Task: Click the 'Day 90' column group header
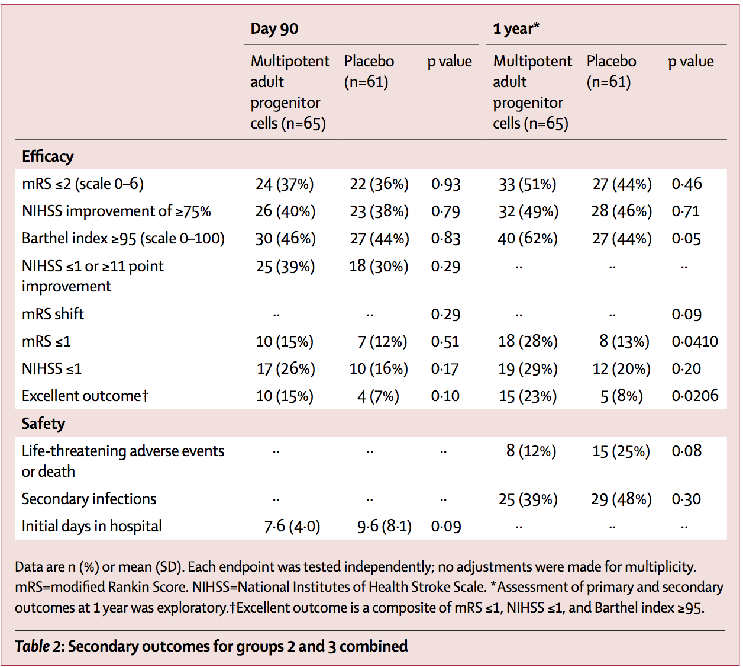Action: point(274,29)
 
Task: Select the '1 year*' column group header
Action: point(516,29)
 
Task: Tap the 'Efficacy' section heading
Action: point(48,156)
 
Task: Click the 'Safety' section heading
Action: point(43,424)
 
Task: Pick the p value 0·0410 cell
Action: point(694,342)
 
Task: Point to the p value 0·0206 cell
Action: point(694,396)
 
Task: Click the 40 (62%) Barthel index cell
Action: point(528,239)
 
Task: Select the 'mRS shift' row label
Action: point(53,314)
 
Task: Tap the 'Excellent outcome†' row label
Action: point(85,396)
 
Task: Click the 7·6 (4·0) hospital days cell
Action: point(292,527)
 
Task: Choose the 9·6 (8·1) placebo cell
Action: point(384,527)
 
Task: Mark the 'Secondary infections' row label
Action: point(89,499)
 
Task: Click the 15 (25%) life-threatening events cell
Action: point(621,451)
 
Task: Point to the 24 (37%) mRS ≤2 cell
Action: point(285,184)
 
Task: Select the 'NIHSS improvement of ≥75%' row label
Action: point(116,211)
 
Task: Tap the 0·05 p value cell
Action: point(686,239)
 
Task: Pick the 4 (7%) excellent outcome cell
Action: point(378,396)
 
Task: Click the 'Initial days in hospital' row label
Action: point(92,527)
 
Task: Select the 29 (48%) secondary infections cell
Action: point(621,499)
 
